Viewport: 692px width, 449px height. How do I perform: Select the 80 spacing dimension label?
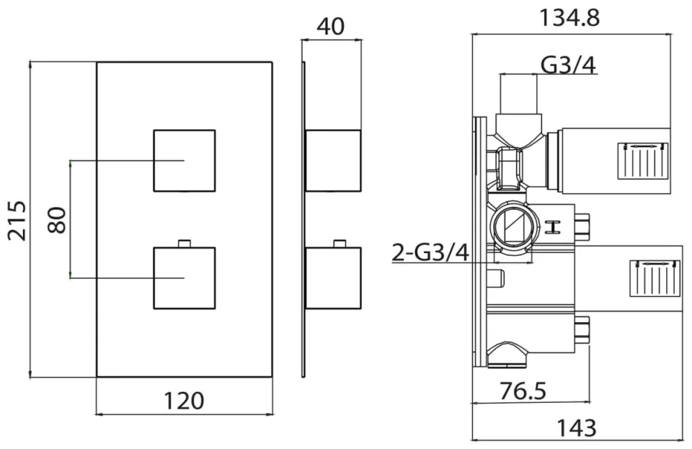click(x=57, y=219)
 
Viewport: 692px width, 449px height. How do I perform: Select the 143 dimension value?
click(x=577, y=427)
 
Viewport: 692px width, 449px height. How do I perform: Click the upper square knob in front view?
click(x=185, y=160)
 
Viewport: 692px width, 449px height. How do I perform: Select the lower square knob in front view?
click(x=185, y=278)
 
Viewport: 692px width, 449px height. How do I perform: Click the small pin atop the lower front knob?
click(x=185, y=243)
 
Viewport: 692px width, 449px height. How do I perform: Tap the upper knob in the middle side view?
click(x=332, y=160)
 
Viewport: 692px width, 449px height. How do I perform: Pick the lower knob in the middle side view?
click(x=332, y=278)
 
